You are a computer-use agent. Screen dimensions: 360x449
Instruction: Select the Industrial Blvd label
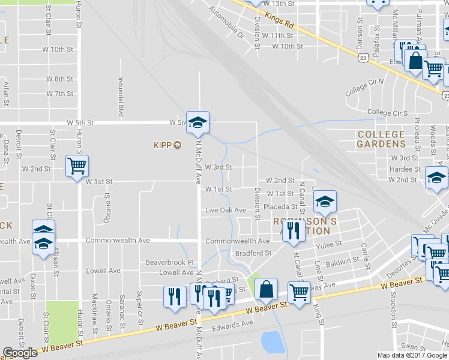pyautogui.click(x=121, y=97)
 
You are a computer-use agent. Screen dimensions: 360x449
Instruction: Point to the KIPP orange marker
pyautogui.click(x=177, y=145)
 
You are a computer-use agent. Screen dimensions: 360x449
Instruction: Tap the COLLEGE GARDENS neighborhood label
pyautogui.click(x=381, y=139)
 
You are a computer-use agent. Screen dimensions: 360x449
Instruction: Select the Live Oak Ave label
pyautogui.click(x=226, y=210)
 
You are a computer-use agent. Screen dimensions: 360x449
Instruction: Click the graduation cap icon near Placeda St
pyautogui.click(x=325, y=202)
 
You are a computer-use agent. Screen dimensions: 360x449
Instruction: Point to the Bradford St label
pyautogui.click(x=253, y=253)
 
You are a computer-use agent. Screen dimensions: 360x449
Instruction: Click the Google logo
pyautogui.click(x=20, y=353)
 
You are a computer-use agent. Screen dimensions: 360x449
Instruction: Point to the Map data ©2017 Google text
pyautogui.click(x=412, y=355)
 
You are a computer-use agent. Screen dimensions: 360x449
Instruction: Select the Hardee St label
pyautogui.click(x=403, y=169)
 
